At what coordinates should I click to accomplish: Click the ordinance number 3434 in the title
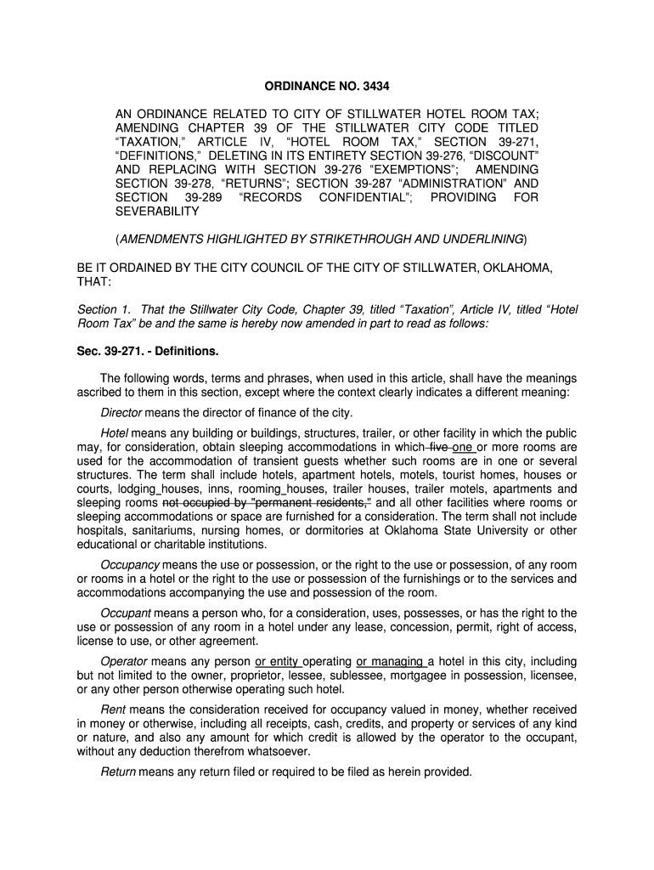point(374,86)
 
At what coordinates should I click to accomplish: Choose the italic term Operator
point(124,661)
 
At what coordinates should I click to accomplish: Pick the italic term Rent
point(113,709)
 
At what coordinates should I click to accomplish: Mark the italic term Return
point(117,772)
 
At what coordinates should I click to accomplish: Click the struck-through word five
point(439,447)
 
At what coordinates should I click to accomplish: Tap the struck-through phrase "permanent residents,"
point(313,502)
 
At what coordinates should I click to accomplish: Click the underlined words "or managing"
point(390,661)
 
